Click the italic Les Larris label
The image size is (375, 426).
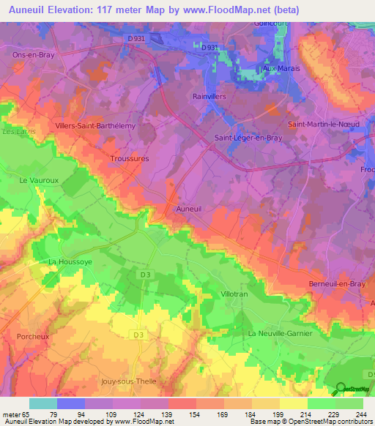pos(13,132)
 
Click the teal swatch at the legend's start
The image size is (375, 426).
pos(43,403)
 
